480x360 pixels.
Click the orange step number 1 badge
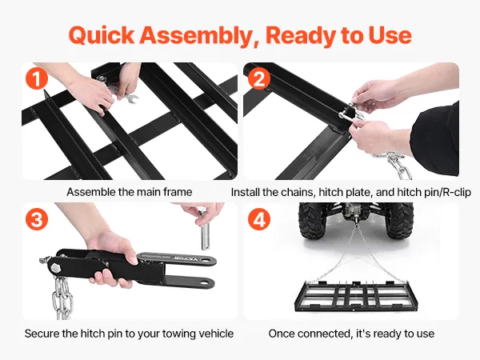click(x=37, y=78)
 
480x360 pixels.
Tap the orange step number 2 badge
click(x=259, y=78)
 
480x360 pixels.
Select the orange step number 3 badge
click(x=37, y=219)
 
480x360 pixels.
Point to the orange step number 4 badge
click(x=259, y=219)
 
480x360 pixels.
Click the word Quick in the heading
click(x=102, y=35)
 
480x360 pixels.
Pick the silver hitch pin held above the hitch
click(x=204, y=229)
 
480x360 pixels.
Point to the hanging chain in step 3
click(x=62, y=297)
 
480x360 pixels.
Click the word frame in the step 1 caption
click(x=178, y=192)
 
